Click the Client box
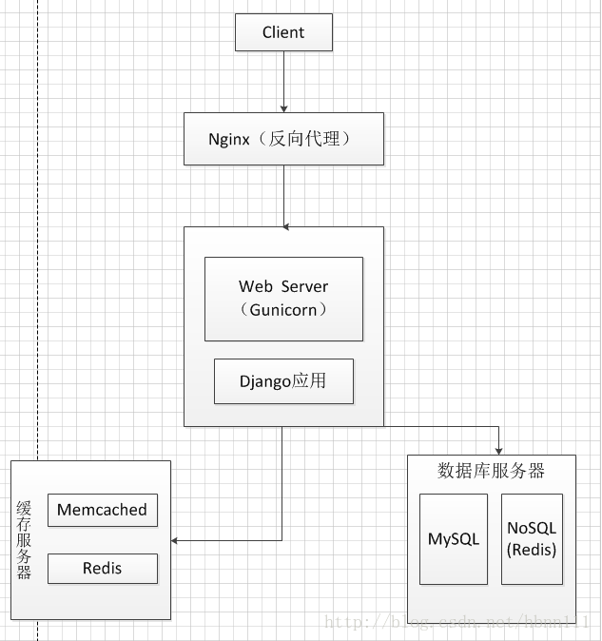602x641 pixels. click(x=283, y=32)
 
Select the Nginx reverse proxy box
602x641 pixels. click(x=283, y=139)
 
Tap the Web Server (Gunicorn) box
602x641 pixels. click(x=283, y=298)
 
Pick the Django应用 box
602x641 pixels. click(x=283, y=381)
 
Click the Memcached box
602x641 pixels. click(x=102, y=510)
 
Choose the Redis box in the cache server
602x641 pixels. click(x=102, y=569)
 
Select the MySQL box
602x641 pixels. click(x=454, y=539)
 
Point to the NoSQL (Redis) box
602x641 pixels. click(x=532, y=539)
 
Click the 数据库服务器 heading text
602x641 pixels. click(x=491, y=471)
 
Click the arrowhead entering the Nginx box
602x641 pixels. click(x=283, y=108)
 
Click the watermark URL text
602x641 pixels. click(x=457, y=622)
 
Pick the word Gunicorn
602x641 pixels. click(x=283, y=310)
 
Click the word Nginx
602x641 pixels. click(x=229, y=139)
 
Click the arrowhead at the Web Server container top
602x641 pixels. click(x=286, y=227)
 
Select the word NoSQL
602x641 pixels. click(x=532, y=529)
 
